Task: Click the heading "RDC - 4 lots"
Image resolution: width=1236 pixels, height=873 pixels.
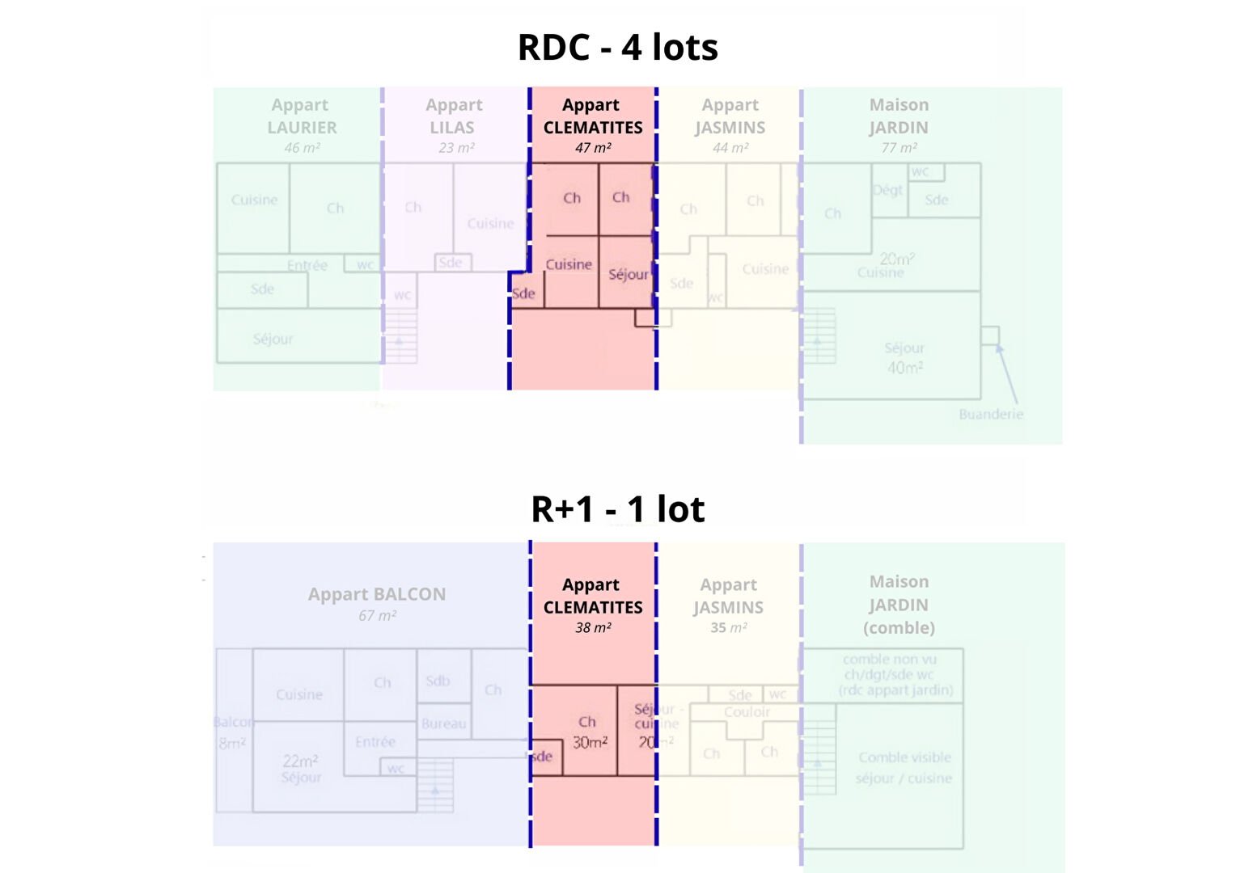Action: pyautogui.click(x=617, y=47)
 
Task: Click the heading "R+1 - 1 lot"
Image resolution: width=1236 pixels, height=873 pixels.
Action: pyautogui.click(x=617, y=509)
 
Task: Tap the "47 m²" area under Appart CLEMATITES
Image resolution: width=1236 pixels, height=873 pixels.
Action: pyautogui.click(x=593, y=148)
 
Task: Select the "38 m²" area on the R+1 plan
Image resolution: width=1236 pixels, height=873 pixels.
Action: pyautogui.click(x=593, y=628)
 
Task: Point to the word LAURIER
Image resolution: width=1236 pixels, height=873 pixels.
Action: pyautogui.click(x=302, y=128)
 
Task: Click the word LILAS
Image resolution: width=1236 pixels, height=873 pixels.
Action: pyautogui.click(x=452, y=128)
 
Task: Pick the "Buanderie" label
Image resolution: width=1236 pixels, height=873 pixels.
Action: pyautogui.click(x=991, y=415)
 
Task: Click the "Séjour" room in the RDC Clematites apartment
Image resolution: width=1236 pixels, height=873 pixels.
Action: pyautogui.click(x=628, y=275)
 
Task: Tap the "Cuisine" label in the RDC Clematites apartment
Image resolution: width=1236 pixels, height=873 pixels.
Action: pyautogui.click(x=569, y=264)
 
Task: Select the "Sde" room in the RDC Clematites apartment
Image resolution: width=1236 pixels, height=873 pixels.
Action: pyautogui.click(x=523, y=293)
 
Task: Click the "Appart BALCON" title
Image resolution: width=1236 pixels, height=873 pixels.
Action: pyautogui.click(x=377, y=594)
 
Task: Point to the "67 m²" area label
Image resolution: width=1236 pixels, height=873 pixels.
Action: pyautogui.click(x=377, y=616)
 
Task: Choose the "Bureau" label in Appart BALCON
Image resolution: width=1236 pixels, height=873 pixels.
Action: pyautogui.click(x=443, y=724)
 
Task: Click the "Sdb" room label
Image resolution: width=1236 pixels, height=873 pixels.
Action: pyautogui.click(x=438, y=681)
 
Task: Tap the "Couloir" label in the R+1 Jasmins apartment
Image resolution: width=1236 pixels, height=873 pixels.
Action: pyautogui.click(x=747, y=712)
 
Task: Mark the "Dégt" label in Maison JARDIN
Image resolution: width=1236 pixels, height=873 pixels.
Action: pyautogui.click(x=887, y=190)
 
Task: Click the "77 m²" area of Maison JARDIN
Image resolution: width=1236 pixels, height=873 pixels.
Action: pyautogui.click(x=899, y=148)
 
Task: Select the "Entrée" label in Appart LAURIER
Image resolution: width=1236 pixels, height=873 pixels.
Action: pyautogui.click(x=307, y=265)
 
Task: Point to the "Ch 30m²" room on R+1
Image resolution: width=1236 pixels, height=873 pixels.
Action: pyautogui.click(x=589, y=732)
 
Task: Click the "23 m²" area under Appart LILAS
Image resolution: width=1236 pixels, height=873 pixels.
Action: pyautogui.click(x=456, y=148)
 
